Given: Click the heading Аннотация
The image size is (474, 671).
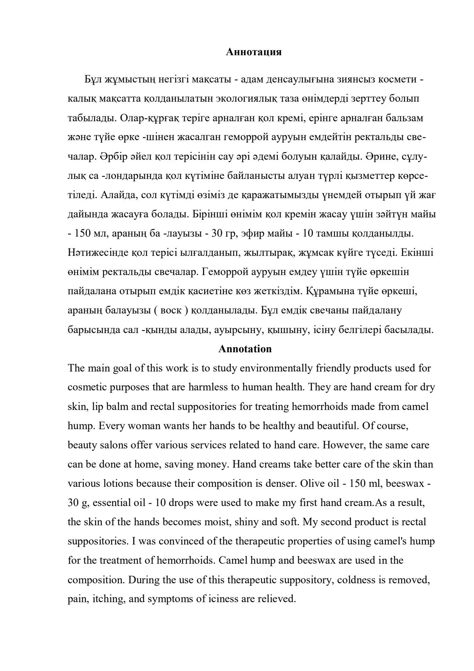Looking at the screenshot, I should click(x=254, y=52).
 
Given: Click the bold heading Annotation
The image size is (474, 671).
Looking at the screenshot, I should click(x=245, y=349).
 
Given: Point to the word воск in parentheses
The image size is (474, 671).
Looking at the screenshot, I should click(x=171, y=310).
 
